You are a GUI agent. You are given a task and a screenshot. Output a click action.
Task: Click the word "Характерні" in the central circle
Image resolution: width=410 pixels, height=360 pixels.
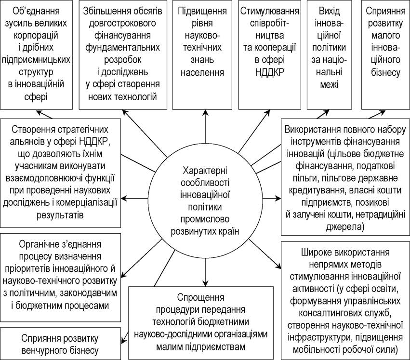click(205, 171)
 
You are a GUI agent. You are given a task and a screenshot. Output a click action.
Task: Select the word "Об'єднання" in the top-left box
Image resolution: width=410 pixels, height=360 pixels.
click(36, 11)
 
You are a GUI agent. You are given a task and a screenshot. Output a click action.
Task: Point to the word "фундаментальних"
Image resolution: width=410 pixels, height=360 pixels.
click(123, 47)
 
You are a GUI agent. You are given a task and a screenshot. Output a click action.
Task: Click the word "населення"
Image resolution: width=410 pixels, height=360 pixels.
click(202, 72)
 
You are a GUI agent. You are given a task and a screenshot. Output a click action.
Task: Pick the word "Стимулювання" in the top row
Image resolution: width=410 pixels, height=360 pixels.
click(270, 11)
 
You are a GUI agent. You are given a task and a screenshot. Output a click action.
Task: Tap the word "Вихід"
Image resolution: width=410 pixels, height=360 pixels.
click(329, 11)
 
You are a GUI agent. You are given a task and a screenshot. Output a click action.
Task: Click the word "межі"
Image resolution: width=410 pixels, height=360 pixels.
click(329, 84)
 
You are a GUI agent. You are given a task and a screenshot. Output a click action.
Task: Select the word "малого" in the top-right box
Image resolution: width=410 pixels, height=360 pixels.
click(386, 35)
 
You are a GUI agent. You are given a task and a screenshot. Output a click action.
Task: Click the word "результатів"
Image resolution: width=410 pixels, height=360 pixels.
click(60, 215)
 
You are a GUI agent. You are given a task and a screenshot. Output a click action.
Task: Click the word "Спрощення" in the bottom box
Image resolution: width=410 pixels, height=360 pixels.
click(200, 297)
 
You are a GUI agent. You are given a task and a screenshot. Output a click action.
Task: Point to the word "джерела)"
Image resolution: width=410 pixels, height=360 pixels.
click(345, 227)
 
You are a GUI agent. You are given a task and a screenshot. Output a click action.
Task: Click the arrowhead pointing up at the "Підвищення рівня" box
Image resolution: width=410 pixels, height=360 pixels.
click(206, 112)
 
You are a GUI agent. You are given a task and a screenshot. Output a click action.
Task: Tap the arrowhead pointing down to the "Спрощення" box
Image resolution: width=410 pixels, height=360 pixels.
click(206, 283)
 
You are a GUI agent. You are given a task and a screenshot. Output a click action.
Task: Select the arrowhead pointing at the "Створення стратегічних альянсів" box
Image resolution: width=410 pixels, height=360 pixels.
click(125, 199)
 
